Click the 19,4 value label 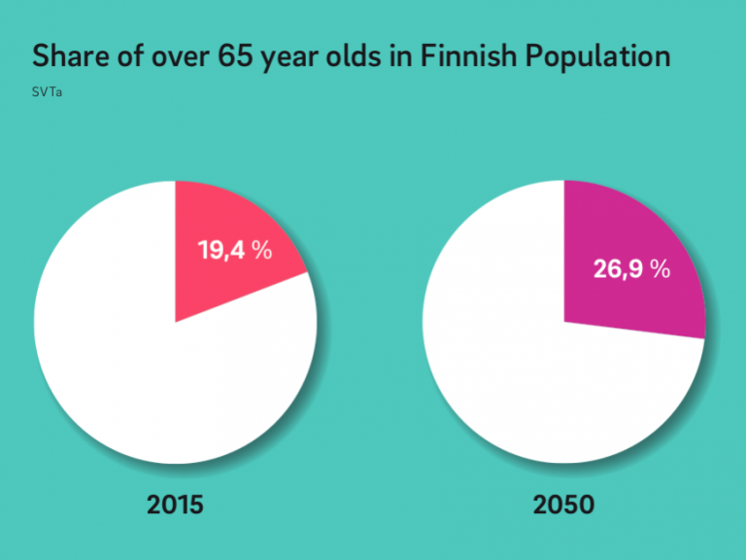click(x=221, y=251)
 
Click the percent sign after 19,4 click(x=261, y=251)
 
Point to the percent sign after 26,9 click(x=661, y=269)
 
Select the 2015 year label click(x=176, y=505)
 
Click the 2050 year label click(x=563, y=505)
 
